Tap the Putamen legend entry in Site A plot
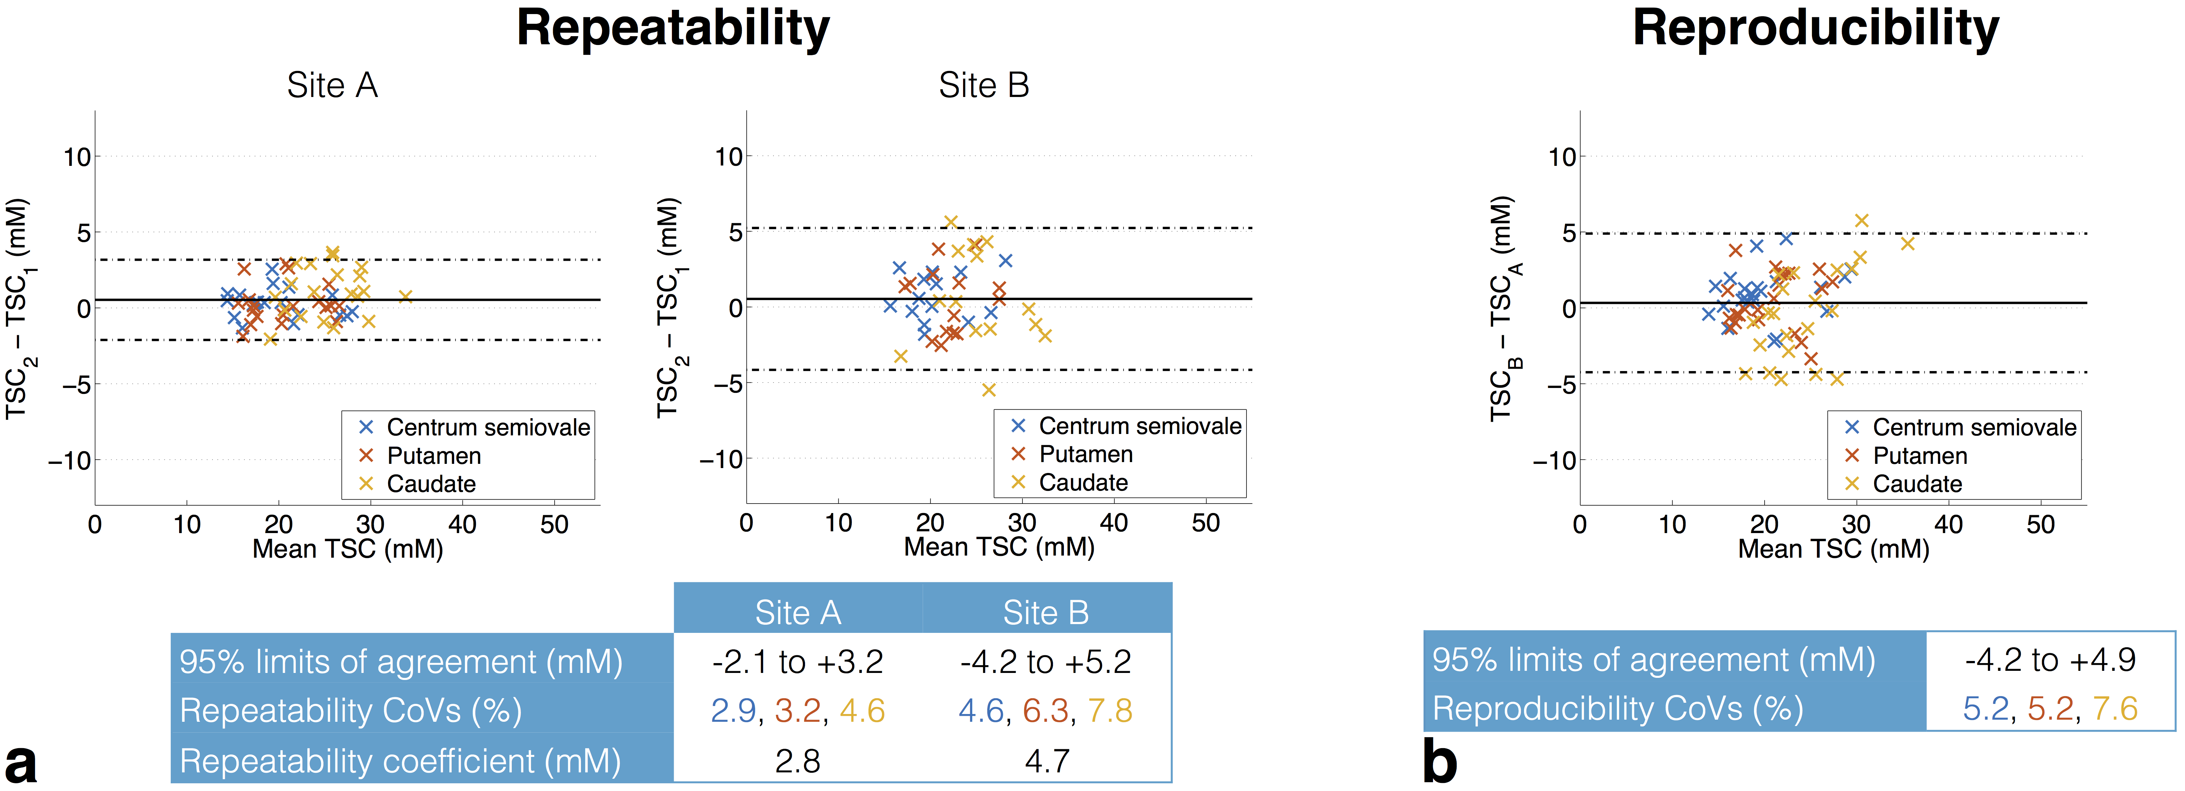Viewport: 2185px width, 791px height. (433, 456)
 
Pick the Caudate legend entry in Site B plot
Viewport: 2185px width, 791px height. (1083, 482)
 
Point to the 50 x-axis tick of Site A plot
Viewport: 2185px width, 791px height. (554, 525)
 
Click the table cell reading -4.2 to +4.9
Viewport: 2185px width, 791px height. (2050, 660)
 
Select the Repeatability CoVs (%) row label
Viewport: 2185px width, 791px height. (350, 711)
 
